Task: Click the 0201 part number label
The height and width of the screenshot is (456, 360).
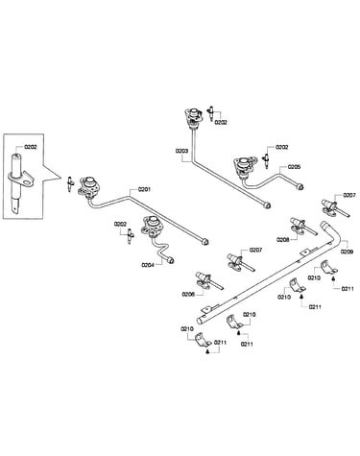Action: point(144,189)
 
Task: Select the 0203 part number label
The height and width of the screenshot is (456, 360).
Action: point(181,151)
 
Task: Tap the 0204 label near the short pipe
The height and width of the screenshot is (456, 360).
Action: point(148,265)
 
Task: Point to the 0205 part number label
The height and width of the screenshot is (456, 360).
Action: point(294,167)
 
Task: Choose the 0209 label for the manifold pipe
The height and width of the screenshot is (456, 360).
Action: point(347,252)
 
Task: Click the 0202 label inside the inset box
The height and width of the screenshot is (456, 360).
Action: point(31,147)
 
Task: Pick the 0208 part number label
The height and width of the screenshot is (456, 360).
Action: point(283,239)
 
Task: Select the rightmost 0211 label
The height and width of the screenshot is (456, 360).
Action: point(348,289)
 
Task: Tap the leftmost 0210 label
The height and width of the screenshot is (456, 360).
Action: point(187,328)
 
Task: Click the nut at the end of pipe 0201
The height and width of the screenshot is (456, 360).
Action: point(205,242)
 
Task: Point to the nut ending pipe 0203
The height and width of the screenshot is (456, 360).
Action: point(267,204)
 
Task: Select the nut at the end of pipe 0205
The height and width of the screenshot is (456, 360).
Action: point(300,186)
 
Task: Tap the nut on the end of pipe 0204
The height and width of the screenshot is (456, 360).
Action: point(171,260)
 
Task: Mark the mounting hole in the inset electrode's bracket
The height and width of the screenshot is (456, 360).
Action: point(31,181)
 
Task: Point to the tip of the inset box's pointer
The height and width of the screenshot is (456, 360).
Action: point(61,179)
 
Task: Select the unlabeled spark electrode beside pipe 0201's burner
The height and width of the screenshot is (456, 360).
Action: point(70,184)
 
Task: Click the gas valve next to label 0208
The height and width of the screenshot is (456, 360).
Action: point(299,226)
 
